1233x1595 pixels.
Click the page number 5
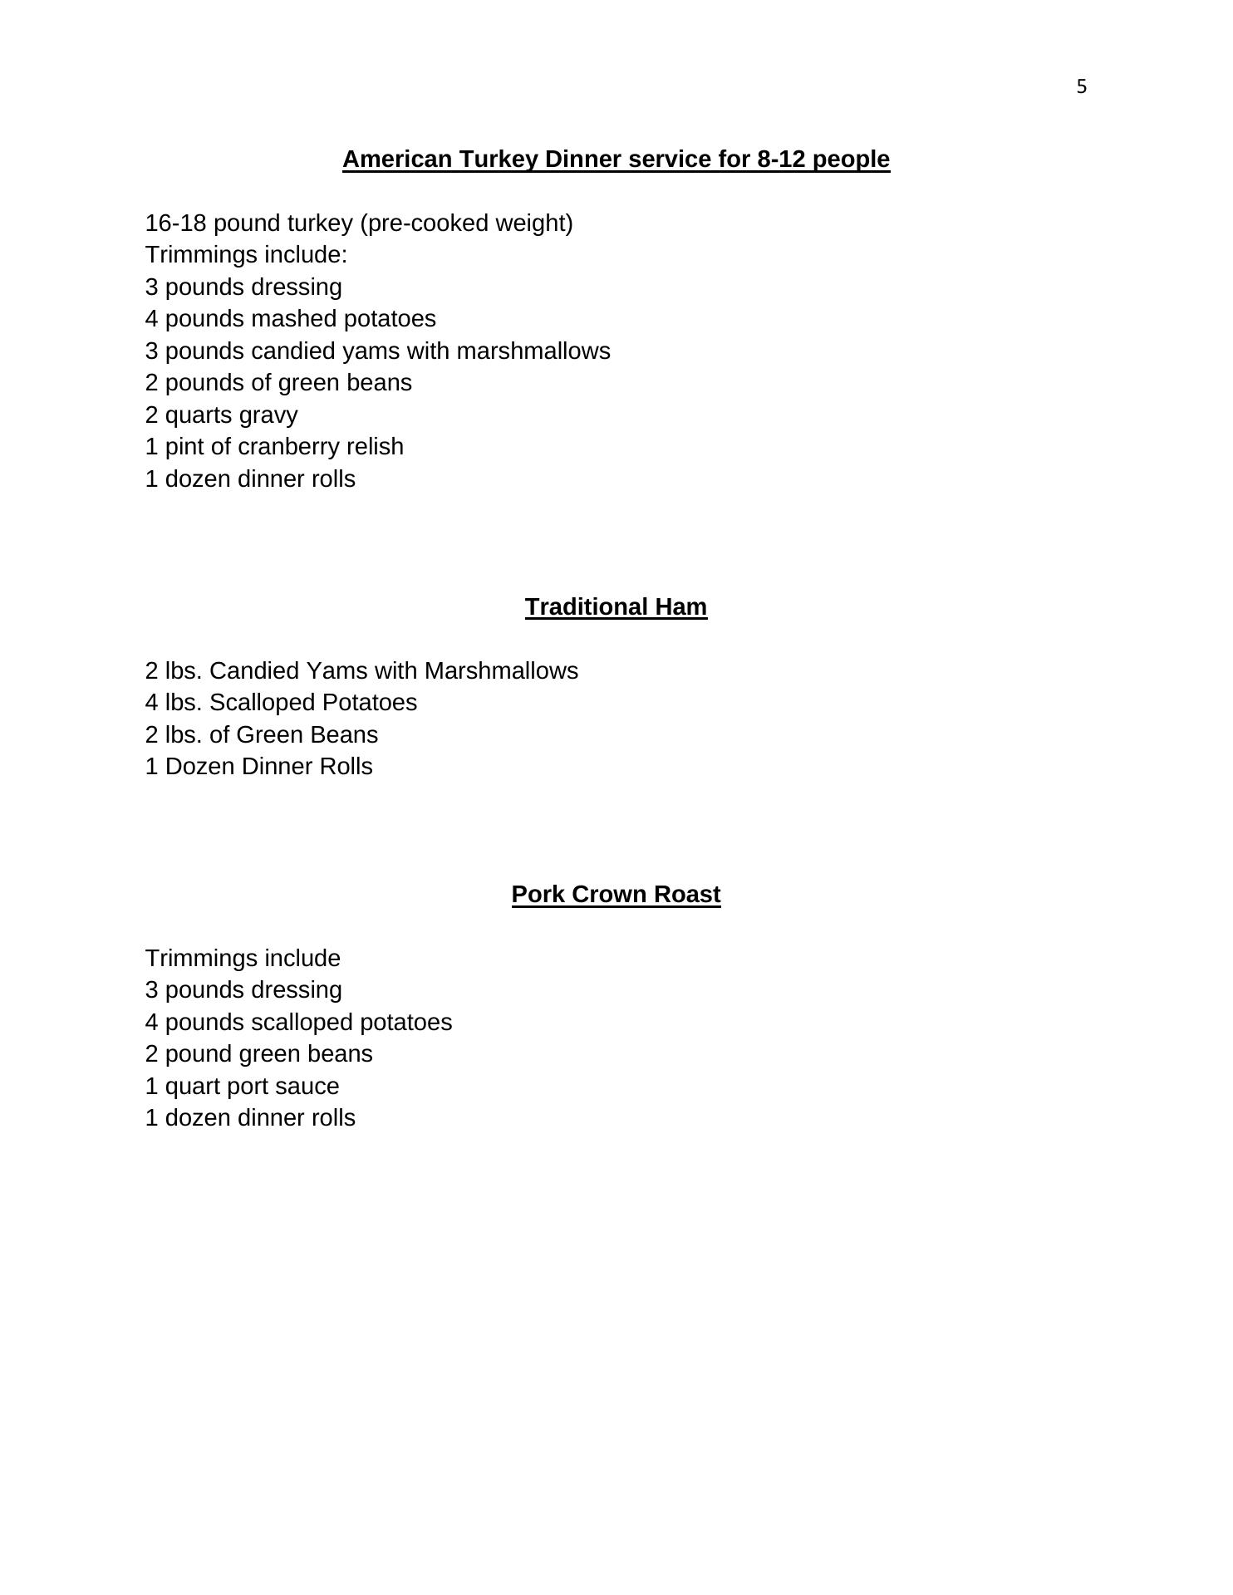click(1081, 87)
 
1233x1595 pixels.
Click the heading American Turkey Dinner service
click(615, 159)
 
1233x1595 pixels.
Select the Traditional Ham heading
click(616, 607)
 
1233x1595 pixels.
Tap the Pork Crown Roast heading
click(616, 895)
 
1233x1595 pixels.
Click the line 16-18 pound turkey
click(358, 223)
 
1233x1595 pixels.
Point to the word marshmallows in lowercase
click(533, 351)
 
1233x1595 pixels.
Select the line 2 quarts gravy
click(221, 415)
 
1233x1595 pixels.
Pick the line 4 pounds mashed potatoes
click(290, 319)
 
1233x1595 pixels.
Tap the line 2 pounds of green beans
click(278, 383)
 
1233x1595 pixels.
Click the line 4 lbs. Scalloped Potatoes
click(281, 703)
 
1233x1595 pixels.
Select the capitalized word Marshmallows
click(500, 671)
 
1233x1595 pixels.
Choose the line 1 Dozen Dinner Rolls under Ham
click(258, 767)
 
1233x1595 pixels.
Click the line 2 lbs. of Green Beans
click(261, 735)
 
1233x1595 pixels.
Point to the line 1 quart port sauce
click(242, 1087)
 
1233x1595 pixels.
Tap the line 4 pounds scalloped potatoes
click(298, 1023)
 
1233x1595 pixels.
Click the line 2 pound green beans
click(258, 1054)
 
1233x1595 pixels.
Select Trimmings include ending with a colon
click(246, 255)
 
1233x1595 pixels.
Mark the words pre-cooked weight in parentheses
click(466, 223)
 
